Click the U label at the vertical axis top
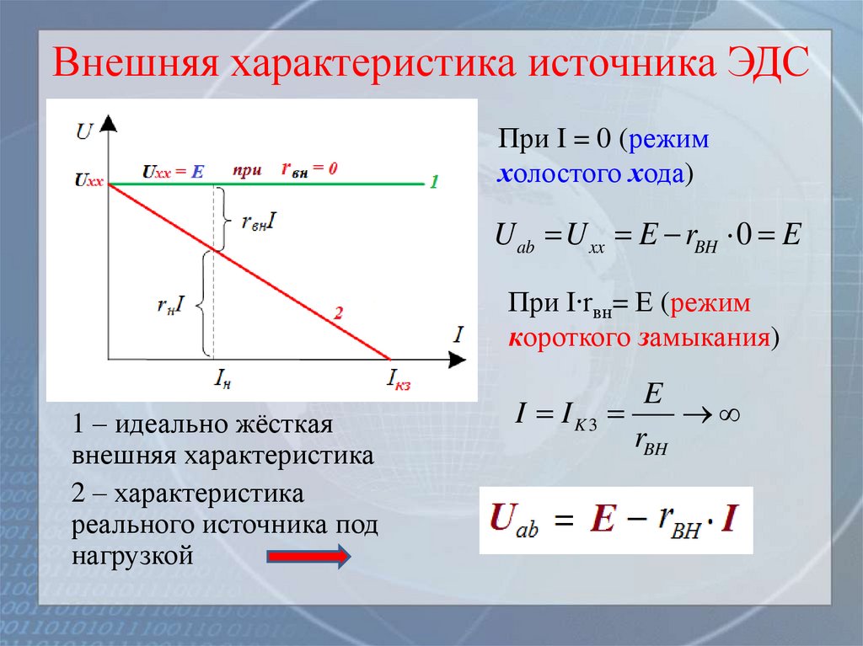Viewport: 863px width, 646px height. point(84,131)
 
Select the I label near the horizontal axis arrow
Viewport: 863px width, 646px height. point(458,334)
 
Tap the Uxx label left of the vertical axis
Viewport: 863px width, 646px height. point(88,180)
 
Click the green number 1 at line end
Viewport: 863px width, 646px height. point(433,181)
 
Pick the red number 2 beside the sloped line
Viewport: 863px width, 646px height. point(338,313)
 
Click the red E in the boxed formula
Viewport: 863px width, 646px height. point(602,521)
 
